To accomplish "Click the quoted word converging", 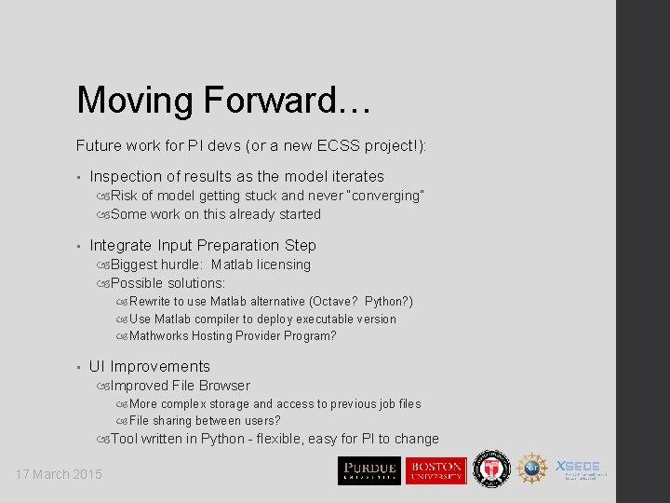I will pos(388,196).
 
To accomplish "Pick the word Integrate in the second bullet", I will pos(121,245).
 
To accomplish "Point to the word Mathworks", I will pos(159,335).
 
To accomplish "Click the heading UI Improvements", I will pos(150,366).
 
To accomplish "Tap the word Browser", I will pos(221,386).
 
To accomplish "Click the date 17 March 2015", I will pos(59,474).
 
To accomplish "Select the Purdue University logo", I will pos(368,470).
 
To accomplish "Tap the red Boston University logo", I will pos(435,470).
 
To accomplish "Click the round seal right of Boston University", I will pos(490,469).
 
